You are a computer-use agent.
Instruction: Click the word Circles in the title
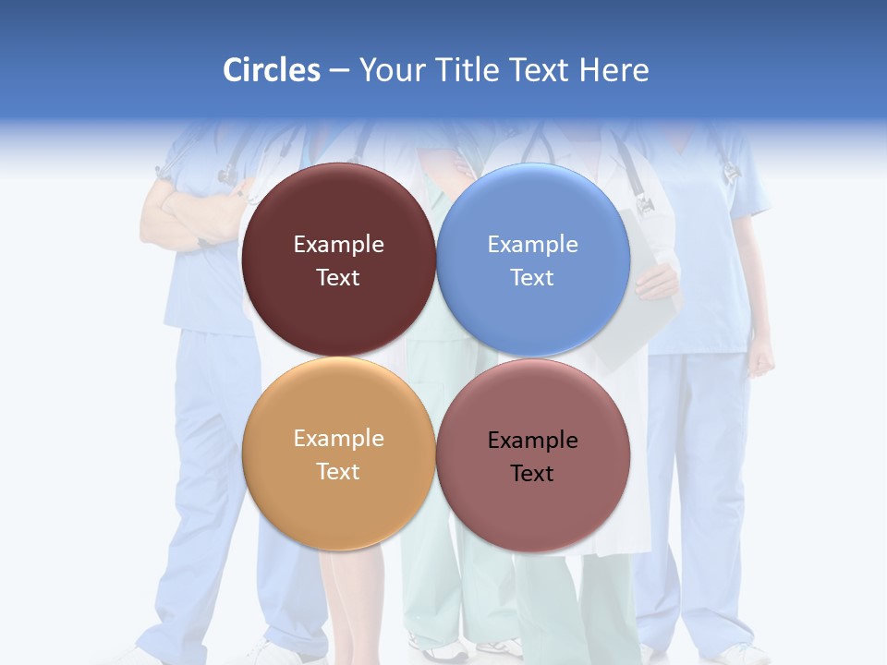click(272, 70)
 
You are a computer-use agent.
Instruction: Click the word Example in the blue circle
click(533, 244)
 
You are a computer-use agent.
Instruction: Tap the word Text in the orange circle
click(338, 471)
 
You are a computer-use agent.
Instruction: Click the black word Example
click(533, 440)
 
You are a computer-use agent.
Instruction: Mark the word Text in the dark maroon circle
click(338, 277)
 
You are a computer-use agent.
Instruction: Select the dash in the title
click(339, 70)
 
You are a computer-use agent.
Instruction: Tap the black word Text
click(532, 473)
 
